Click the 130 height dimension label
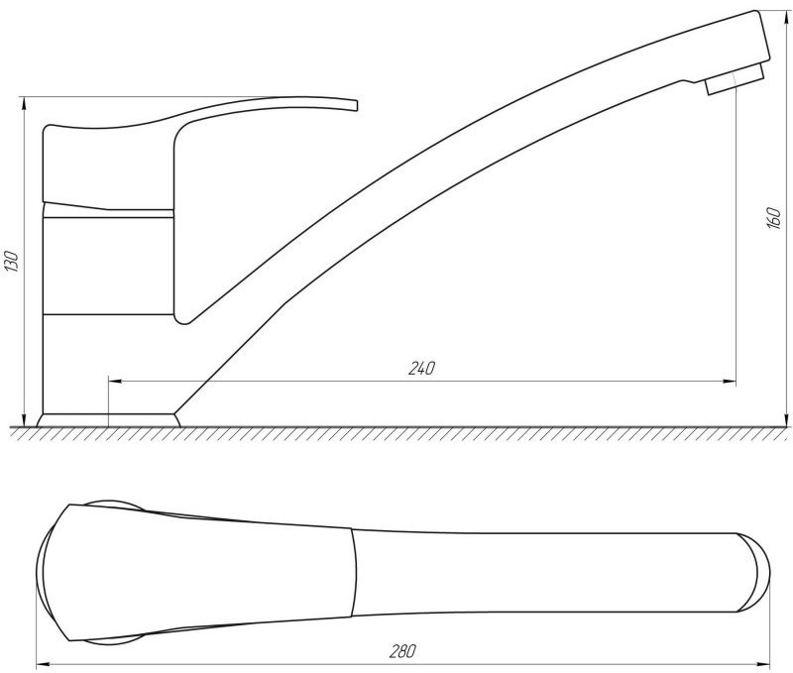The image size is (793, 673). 12,262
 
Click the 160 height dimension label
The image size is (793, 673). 774,218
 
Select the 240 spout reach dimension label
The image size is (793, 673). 421,369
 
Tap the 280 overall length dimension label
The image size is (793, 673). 402,651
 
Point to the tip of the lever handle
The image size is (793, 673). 356,106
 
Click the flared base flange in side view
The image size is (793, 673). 108,420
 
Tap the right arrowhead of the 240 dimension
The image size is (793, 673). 730,381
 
